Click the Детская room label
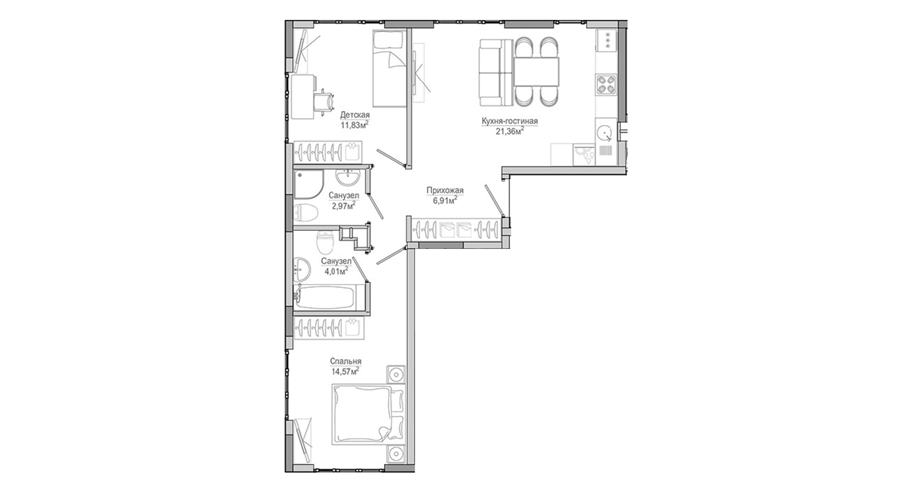click(355, 114)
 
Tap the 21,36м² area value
click(509, 131)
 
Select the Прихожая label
click(445, 190)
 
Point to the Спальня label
click(346, 362)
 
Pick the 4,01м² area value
click(336, 271)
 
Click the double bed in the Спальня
click(368, 415)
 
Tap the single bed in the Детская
click(389, 69)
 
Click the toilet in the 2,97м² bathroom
click(306, 212)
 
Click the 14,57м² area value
click(345, 371)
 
